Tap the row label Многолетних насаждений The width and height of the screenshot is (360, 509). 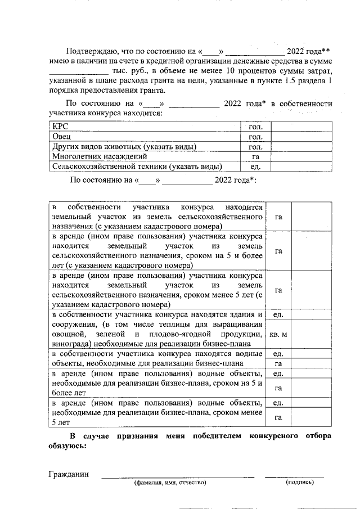100,156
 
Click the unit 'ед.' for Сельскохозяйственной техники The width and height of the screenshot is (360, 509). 255,166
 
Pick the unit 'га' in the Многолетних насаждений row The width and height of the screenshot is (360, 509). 255,156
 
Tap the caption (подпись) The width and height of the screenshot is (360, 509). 299,483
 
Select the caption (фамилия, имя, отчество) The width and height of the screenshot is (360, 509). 170,483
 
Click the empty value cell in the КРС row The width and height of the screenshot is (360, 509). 301,127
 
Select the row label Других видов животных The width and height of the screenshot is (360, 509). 124,147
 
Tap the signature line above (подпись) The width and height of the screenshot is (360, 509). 294,477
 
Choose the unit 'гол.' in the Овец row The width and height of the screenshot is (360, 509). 255,137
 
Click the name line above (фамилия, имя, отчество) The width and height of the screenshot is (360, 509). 178,477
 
